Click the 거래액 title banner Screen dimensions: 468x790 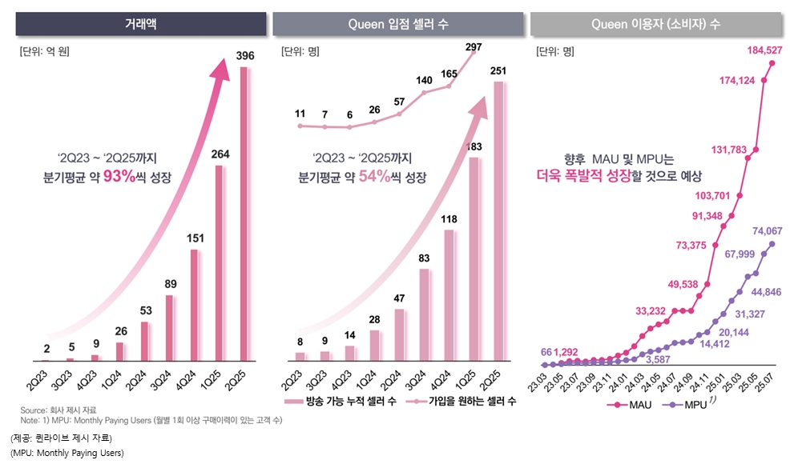click(x=141, y=24)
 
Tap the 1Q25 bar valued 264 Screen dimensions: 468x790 click(x=220, y=264)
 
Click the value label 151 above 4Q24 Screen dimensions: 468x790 click(x=194, y=238)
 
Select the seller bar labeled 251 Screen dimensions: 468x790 click(x=498, y=220)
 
